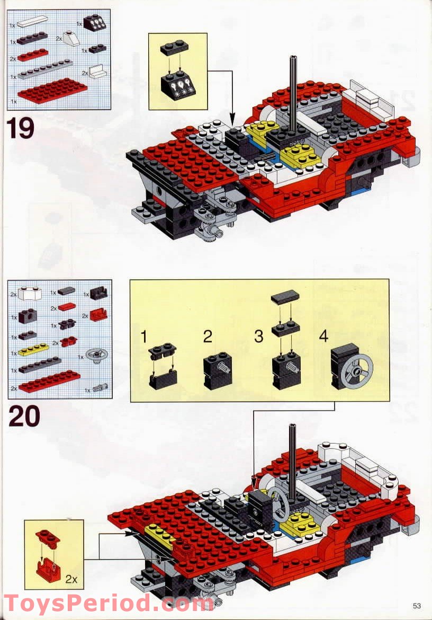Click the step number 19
21,129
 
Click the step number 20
24,416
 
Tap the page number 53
417,606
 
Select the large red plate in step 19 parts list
52,90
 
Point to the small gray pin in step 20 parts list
98,388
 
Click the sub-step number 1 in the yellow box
143,337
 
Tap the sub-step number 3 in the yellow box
258,337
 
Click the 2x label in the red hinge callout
71,579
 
